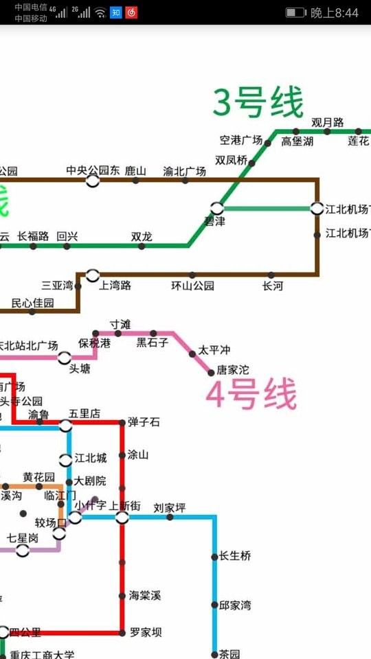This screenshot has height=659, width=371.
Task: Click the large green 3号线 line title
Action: click(x=258, y=103)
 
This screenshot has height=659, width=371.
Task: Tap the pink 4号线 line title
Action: click(x=252, y=395)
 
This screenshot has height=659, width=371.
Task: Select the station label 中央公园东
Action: click(x=93, y=170)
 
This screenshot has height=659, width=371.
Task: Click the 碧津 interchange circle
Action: click(x=217, y=207)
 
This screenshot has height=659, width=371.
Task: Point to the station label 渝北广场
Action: click(x=184, y=171)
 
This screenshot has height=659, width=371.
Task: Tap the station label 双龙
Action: click(x=142, y=236)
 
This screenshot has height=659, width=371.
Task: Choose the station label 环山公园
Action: click(x=192, y=286)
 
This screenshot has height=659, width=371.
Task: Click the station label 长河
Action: click(x=272, y=286)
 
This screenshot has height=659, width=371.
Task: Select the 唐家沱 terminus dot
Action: click(x=212, y=372)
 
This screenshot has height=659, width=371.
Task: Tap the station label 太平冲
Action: click(x=214, y=350)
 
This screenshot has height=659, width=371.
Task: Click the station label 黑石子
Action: click(x=152, y=343)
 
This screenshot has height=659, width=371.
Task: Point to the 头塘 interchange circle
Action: click(x=65, y=358)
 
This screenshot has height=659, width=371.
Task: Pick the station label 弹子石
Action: click(x=143, y=422)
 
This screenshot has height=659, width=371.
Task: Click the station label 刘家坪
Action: click(x=170, y=508)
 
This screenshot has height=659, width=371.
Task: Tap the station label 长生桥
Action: click(x=235, y=556)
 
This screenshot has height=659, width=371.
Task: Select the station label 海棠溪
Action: click(x=144, y=595)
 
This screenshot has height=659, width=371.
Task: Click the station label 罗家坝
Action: click(x=146, y=632)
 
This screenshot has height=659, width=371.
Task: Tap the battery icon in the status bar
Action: click(x=295, y=12)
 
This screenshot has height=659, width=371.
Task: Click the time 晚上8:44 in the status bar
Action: click(x=335, y=12)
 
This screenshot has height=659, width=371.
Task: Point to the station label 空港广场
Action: click(x=240, y=140)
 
